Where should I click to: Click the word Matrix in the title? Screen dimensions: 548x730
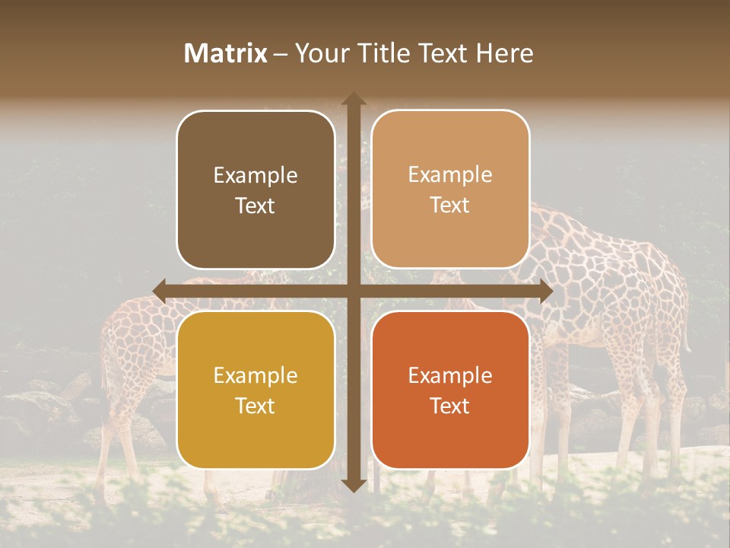tap(226, 53)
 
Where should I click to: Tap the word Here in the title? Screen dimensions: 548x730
tap(504, 53)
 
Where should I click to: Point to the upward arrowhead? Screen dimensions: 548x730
tap(353, 100)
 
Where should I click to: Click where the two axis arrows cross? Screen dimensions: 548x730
tap(353, 291)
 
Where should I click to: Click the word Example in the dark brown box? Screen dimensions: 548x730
tap(255, 176)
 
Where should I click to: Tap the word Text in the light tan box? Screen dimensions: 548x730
tap(450, 205)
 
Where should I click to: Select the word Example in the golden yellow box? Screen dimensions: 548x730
tap(255, 376)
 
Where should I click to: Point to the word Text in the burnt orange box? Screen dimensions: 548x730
tap(450, 406)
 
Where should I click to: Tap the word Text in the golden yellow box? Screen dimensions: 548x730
tap(255, 406)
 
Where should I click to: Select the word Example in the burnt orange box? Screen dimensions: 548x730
tap(450, 376)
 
